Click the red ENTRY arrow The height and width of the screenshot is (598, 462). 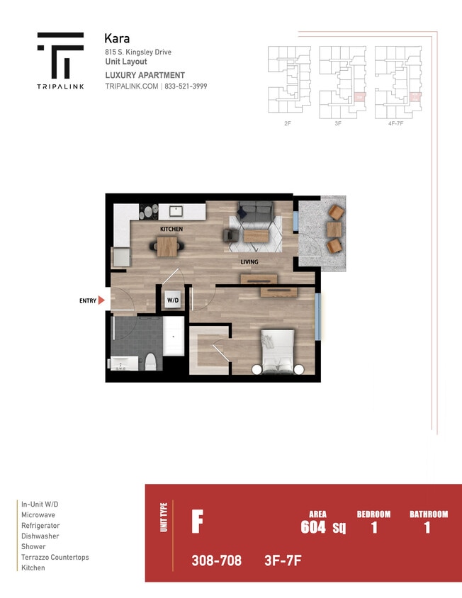[x=101, y=300]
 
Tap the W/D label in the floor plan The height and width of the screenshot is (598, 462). [x=172, y=300]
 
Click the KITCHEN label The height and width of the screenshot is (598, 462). [x=171, y=229]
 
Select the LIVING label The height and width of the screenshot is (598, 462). [x=249, y=262]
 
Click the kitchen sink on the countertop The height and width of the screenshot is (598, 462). [x=176, y=210]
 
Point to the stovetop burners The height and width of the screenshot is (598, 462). [x=149, y=210]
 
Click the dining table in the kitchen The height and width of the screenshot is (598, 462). [x=167, y=247]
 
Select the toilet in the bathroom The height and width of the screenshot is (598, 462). [x=150, y=362]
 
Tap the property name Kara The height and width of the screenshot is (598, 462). [x=116, y=38]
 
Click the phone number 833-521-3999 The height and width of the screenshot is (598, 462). [x=186, y=86]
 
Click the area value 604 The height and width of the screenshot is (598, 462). [x=313, y=526]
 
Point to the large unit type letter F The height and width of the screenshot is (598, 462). [x=198, y=522]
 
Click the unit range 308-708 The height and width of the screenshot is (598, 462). [x=216, y=560]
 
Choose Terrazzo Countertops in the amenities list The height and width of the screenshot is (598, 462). [x=55, y=558]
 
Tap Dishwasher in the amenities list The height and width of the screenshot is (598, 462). [x=40, y=536]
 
